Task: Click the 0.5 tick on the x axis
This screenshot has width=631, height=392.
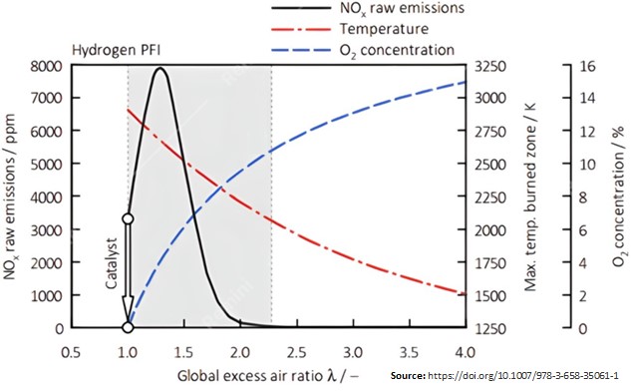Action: [x=70, y=352]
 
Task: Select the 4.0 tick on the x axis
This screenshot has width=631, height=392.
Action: [x=465, y=352]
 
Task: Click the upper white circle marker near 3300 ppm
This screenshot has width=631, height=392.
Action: [x=127, y=218]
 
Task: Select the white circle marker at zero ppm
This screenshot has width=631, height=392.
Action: [x=127, y=327]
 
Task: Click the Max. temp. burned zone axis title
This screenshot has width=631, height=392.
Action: [x=531, y=196]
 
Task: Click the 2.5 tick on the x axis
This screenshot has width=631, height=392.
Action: [x=296, y=352]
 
